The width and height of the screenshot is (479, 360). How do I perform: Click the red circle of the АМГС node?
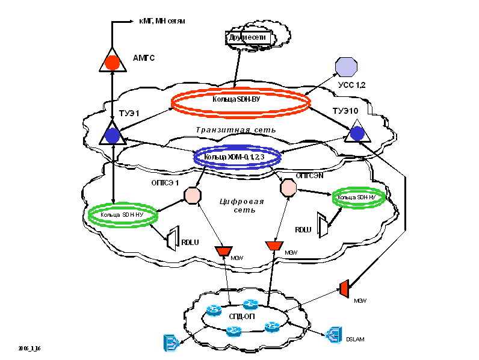click(x=112, y=62)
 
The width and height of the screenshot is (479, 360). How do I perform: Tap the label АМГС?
click(x=144, y=58)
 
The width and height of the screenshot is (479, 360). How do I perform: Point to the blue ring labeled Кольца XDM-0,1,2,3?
click(x=238, y=157)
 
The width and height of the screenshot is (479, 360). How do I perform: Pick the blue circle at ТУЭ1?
click(x=113, y=135)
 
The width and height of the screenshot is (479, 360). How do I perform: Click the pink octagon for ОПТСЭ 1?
click(x=191, y=195)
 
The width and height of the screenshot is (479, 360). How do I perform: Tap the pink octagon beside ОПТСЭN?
click(x=288, y=187)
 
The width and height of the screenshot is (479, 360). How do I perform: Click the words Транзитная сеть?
click(x=236, y=129)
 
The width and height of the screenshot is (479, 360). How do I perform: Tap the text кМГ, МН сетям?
click(x=162, y=21)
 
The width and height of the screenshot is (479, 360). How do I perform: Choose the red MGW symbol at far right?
click(x=345, y=288)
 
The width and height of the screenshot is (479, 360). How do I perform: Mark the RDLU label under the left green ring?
click(x=190, y=243)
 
